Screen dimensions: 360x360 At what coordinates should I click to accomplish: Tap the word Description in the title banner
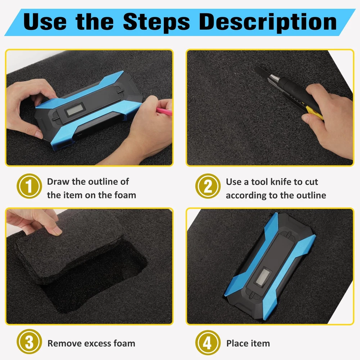tap(268, 22)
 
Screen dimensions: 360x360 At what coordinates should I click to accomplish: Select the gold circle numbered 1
tap(29, 186)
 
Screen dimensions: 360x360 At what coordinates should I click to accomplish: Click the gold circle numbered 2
tap(208, 186)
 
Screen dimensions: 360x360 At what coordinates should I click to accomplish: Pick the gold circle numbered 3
tap(29, 342)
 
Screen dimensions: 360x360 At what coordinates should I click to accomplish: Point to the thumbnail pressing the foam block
tap(56, 231)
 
